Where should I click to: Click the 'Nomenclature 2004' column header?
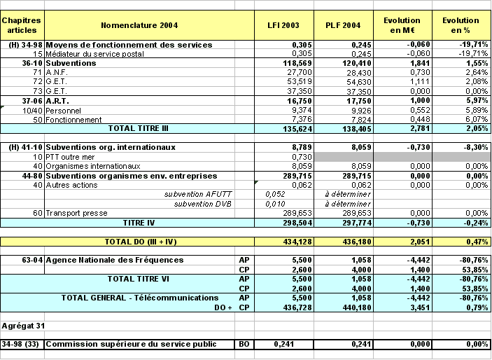coord(139,25)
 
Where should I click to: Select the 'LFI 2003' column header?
coord(283,25)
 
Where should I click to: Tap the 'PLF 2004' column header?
coord(343,25)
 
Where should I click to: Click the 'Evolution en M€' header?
coord(402,25)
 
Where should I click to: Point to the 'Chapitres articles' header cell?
coord(22,25)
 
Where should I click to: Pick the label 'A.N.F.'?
coord(56,72)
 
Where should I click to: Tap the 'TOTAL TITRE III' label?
coord(139,129)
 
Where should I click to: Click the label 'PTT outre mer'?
coord(72,157)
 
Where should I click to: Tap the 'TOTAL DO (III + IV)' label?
coord(139,241)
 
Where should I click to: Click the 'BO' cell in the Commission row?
coord(244,345)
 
